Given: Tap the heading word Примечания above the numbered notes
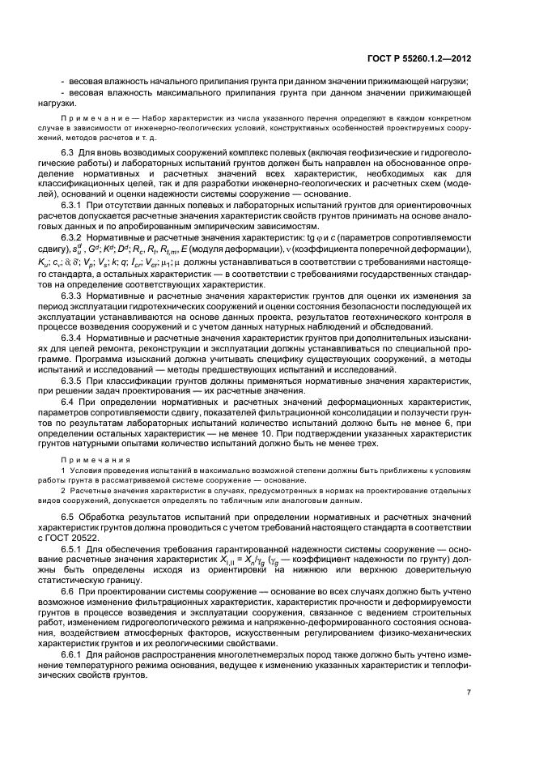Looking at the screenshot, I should coord(88,458).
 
